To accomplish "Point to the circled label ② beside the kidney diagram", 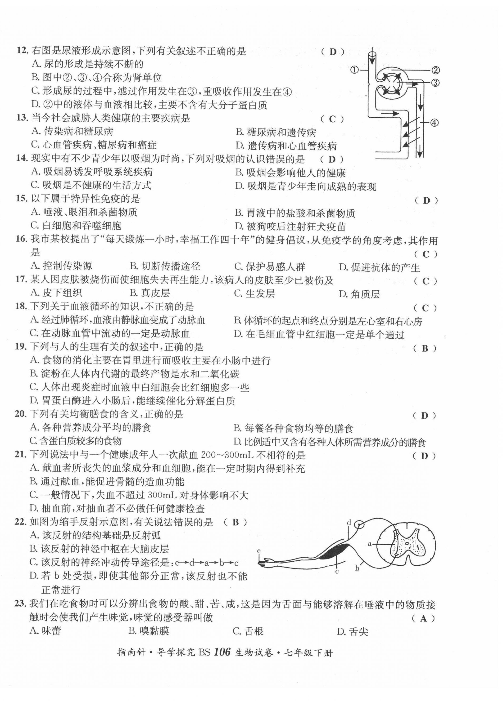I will click(x=435, y=71).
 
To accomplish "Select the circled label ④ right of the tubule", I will click(x=434, y=123).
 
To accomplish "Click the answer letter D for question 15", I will click(x=426, y=201).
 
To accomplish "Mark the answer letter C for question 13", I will click(x=332, y=119).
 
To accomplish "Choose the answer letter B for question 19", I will click(x=425, y=349).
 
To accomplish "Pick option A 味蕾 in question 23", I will click(x=45, y=631).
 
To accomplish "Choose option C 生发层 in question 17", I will click(x=254, y=293).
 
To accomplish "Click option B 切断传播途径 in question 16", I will click(x=165, y=266).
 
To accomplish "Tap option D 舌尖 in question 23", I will click(x=352, y=631).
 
